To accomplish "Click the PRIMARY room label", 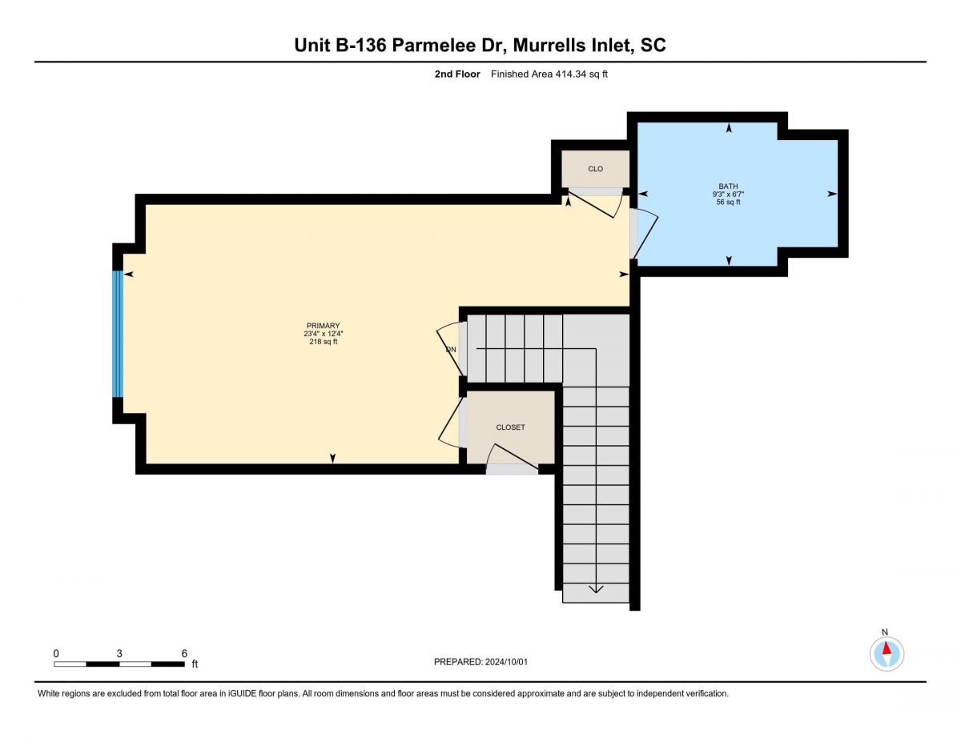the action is [x=323, y=326].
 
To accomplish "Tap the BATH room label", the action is [x=728, y=187].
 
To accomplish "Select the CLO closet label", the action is [x=595, y=169].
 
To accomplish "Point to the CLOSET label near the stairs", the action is [x=510, y=427].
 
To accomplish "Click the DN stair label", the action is [x=451, y=350].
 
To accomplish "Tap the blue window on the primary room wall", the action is [x=117, y=334].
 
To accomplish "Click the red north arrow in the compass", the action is [x=887, y=648].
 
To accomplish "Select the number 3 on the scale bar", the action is [x=119, y=653].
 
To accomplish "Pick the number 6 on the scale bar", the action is [x=184, y=653].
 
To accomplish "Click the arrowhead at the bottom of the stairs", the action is [x=596, y=589].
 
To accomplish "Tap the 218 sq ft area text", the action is [x=324, y=342].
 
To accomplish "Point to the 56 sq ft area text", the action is [x=728, y=202].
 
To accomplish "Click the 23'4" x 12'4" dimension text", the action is [x=324, y=334].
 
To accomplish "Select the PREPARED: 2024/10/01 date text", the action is [x=480, y=662].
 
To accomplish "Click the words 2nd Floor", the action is [x=457, y=74].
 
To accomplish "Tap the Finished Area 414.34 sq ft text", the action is [x=549, y=74].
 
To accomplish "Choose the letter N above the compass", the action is [x=885, y=632].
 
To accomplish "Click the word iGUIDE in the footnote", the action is [x=243, y=693].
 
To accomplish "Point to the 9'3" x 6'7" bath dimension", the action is [x=728, y=194].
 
